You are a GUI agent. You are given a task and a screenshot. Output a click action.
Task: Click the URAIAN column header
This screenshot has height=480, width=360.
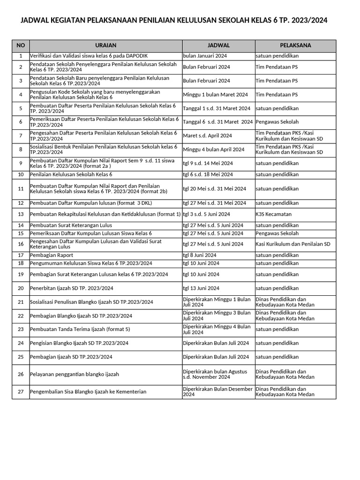click(x=105, y=45)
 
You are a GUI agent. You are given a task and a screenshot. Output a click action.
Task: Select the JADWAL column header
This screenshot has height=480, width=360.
click(x=218, y=45)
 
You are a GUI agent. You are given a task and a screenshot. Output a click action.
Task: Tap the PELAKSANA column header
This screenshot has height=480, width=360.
click(x=295, y=45)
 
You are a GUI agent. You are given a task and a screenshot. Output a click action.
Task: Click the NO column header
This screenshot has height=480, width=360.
click(x=21, y=45)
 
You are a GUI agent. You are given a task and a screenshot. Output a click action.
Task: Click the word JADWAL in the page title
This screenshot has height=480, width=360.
click(x=36, y=20)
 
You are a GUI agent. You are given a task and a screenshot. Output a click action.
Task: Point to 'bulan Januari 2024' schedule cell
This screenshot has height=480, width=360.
click(x=205, y=56)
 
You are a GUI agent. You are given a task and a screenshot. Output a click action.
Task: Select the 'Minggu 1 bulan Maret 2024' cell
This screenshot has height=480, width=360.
click(x=216, y=95)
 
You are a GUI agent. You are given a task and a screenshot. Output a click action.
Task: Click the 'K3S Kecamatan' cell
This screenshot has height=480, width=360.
click(x=273, y=214)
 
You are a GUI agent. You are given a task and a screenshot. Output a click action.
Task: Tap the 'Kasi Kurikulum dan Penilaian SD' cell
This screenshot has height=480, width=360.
click(x=293, y=244)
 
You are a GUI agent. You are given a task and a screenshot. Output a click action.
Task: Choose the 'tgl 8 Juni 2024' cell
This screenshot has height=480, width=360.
click(x=200, y=255)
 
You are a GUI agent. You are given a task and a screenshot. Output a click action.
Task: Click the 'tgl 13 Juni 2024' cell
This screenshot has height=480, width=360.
click(x=201, y=288)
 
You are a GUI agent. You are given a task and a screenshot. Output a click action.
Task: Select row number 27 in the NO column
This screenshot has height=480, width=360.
click(x=21, y=392)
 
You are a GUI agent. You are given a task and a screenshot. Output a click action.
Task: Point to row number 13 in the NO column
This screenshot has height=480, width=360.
click(x=21, y=214)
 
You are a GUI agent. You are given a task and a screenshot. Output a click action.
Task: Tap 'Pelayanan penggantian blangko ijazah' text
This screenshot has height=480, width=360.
click(x=75, y=374)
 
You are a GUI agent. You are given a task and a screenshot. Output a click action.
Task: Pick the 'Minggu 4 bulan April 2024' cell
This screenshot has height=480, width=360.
click(x=214, y=150)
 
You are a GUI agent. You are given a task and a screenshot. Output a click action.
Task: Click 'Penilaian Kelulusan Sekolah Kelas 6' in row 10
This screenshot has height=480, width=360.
click(x=71, y=174)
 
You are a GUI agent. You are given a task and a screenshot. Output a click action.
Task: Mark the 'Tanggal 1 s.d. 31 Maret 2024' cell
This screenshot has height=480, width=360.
click(x=217, y=108)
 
